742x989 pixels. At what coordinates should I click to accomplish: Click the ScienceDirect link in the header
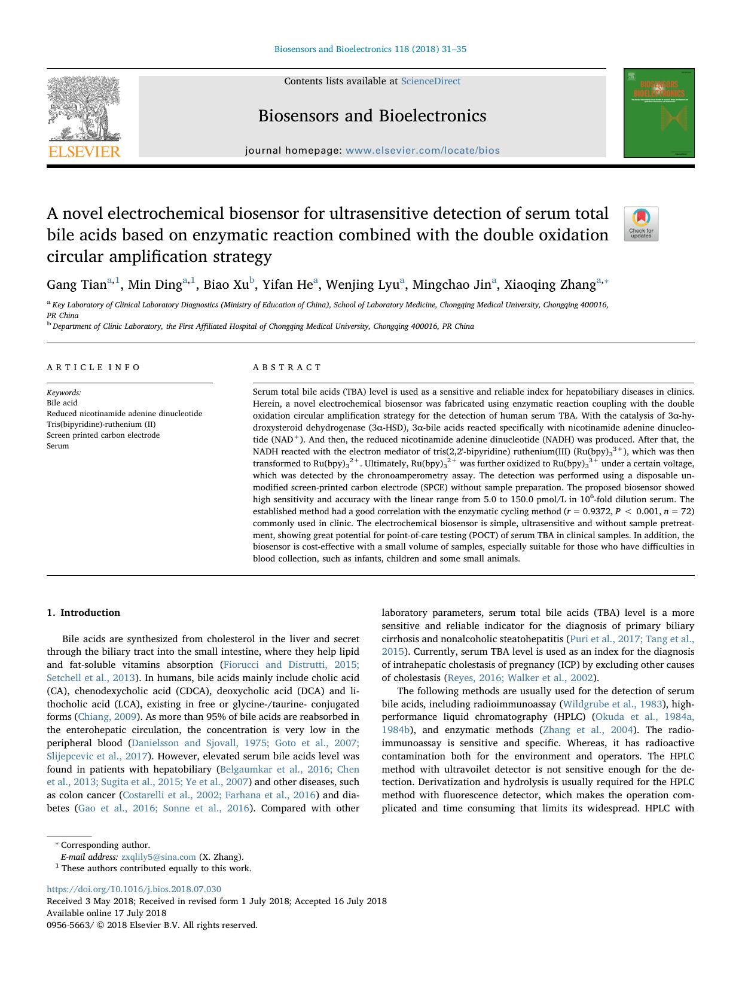(430, 81)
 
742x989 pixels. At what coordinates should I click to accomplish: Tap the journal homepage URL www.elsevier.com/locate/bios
(422, 151)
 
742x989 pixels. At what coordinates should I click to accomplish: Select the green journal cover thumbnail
(658, 113)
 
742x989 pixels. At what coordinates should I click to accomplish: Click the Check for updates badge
(641, 224)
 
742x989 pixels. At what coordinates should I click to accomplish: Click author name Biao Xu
(225, 285)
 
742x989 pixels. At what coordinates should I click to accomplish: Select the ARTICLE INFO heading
(93, 367)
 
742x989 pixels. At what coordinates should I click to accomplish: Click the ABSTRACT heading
(287, 367)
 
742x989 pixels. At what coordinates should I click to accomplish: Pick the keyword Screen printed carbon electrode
(103, 435)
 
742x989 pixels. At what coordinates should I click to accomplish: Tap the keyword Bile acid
(62, 403)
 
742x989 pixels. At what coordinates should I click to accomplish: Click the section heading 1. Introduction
(83, 612)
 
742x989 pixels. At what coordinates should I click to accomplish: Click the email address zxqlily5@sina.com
(158, 857)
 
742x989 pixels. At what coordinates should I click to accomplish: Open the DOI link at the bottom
(134, 889)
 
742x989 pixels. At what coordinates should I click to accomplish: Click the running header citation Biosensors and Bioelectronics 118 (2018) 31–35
(370, 49)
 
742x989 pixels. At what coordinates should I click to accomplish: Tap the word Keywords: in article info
(64, 393)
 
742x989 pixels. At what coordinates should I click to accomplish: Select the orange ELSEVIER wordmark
(84, 151)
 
